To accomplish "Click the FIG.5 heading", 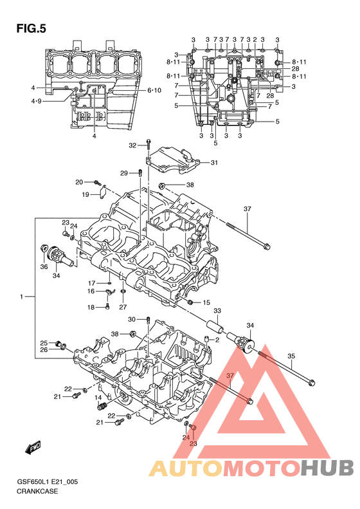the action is tap(31, 29).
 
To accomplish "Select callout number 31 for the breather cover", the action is tap(214, 163).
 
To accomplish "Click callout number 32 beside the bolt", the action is tap(132, 145).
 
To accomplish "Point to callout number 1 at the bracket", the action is tap(21, 297).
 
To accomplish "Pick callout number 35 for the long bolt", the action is tap(291, 356).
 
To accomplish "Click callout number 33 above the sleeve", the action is tap(217, 311).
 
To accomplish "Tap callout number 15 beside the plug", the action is tap(206, 302).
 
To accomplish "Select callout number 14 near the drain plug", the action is tap(98, 398).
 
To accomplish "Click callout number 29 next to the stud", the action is tap(124, 173).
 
